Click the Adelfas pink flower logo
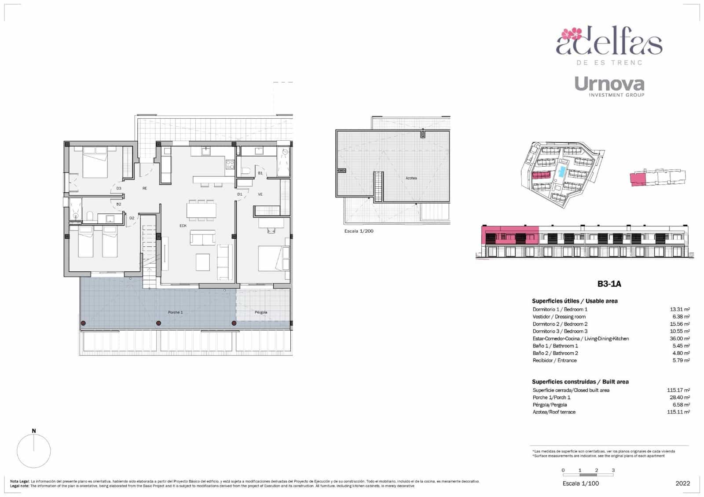[x=572, y=33]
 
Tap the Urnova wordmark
[x=609, y=84]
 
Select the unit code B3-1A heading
[x=609, y=284]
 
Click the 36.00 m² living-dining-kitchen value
[x=679, y=339]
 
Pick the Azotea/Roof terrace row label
[x=554, y=412]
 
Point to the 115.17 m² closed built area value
[x=678, y=390]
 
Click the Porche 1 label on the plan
[x=175, y=312]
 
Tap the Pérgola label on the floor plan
[x=261, y=312]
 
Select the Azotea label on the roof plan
[x=411, y=178]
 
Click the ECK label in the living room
[x=183, y=226]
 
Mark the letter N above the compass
[x=34, y=431]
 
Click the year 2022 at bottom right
[x=682, y=483]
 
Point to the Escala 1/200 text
[x=359, y=231]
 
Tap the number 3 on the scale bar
[x=613, y=470]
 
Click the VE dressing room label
[x=260, y=194]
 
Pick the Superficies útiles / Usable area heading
[x=574, y=301]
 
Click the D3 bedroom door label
[x=119, y=188]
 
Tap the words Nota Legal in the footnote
[x=19, y=482]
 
